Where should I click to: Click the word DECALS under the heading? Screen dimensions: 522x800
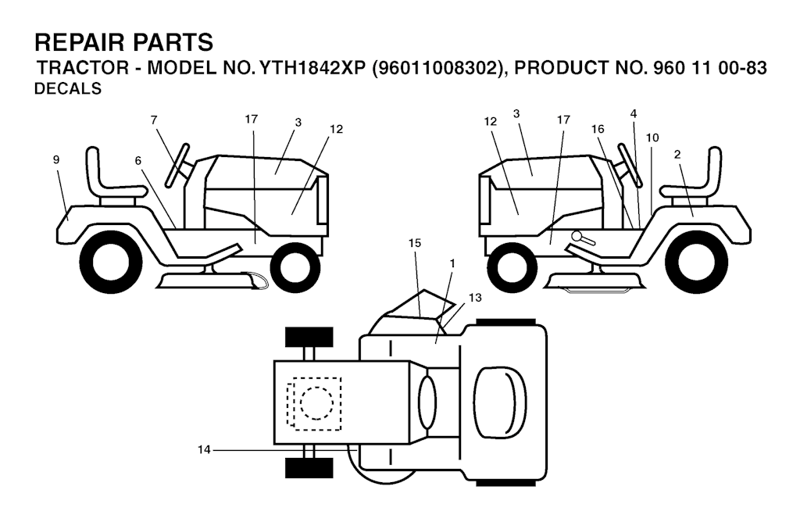point(69,89)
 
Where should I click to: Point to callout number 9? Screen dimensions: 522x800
point(56,159)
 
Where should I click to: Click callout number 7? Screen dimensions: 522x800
point(154,120)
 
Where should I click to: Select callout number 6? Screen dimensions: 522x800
point(138,160)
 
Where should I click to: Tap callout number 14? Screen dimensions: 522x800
point(204,449)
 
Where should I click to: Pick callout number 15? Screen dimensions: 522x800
point(415,243)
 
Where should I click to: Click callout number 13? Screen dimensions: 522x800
point(476,298)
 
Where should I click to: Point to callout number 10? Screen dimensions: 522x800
point(652,138)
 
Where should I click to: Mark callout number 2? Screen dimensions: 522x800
point(677,154)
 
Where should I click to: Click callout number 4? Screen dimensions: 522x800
point(634,113)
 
